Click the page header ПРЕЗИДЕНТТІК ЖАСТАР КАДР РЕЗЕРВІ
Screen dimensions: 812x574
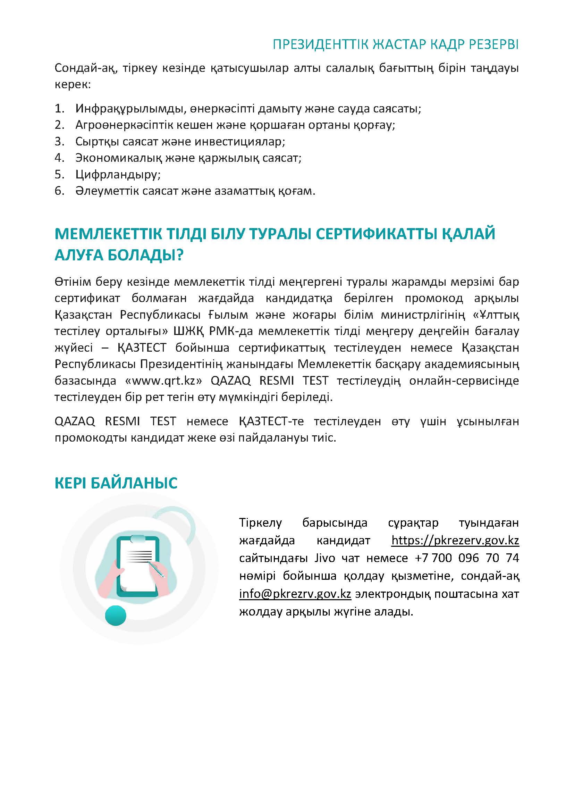396,45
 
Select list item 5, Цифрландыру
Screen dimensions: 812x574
118,174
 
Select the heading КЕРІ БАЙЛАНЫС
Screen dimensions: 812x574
116,483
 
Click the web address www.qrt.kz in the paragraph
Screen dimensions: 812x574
164,380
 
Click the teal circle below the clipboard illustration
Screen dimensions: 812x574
116,616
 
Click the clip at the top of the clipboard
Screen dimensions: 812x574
138,539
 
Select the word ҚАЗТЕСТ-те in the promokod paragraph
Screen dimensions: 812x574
271,421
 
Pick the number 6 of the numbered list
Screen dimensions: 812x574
59,191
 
